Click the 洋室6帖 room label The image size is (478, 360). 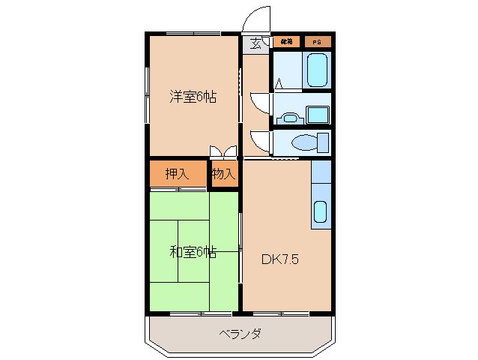click(x=193, y=97)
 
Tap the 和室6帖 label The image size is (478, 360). click(x=193, y=252)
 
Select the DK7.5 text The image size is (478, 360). click(x=281, y=259)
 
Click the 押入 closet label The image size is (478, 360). click(x=177, y=174)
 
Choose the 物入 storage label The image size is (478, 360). click(x=223, y=174)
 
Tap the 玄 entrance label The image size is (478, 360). click(x=256, y=43)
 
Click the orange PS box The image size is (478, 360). click(x=318, y=41)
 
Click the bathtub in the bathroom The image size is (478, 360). click(x=318, y=70)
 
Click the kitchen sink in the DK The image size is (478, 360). click(x=321, y=212)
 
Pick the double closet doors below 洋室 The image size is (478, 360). click(x=223, y=151)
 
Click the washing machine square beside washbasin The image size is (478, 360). click(x=318, y=115)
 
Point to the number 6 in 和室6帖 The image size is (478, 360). click(x=201, y=252)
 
